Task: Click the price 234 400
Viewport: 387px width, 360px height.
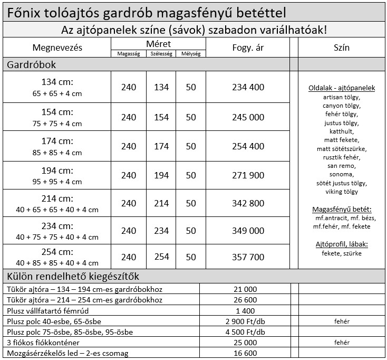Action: tap(248, 87)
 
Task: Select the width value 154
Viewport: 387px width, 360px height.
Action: tap(161, 117)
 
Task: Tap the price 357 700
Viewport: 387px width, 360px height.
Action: tap(248, 257)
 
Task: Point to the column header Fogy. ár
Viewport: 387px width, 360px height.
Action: tap(248, 48)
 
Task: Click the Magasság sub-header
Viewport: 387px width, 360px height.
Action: tap(128, 53)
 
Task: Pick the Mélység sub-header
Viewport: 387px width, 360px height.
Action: tap(191, 53)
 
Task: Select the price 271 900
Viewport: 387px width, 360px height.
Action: tap(248, 175)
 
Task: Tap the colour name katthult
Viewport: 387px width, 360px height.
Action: tap(342, 131)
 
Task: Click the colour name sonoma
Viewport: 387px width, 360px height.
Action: tap(342, 174)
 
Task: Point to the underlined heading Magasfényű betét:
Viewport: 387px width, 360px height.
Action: tap(342, 209)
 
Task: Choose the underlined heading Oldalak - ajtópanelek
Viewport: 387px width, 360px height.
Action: tap(342, 88)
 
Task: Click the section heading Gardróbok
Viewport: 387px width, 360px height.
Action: tap(31, 64)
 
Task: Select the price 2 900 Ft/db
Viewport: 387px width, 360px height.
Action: tap(245, 321)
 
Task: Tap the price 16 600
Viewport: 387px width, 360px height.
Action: tap(245, 353)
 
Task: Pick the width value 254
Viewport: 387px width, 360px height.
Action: tap(161, 257)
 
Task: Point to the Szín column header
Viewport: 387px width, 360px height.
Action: tap(342, 48)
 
